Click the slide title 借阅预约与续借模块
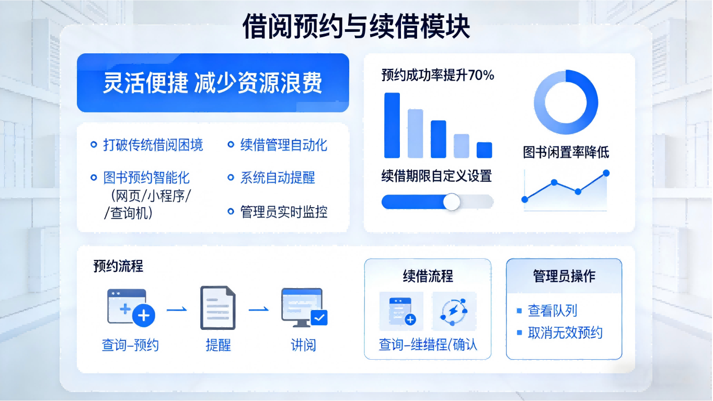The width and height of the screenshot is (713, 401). coord(356,27)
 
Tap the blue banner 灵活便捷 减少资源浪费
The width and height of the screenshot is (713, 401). coord(213,83)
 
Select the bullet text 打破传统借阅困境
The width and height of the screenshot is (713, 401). coord(153,145)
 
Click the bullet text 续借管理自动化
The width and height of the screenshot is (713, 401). coord(283,145)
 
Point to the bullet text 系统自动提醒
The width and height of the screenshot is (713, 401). coord(277,178)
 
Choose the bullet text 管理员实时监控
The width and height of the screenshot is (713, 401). coord(283,212)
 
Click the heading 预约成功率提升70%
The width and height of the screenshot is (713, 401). coord(438,75)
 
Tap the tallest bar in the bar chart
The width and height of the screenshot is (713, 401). coord(392,125)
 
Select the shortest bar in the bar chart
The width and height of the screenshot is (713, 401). coord(484,150)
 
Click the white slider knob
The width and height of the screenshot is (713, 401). coord(452,202)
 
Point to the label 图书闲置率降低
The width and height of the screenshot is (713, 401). coord(566,152)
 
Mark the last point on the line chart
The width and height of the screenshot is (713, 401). coord(606,173)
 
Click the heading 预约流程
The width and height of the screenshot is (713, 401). coord(118,266)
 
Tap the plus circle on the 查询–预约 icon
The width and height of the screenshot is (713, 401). coord(144,316)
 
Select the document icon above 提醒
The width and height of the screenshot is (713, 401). coord(217,308)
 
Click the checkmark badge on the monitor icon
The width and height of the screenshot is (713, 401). coord(319,317)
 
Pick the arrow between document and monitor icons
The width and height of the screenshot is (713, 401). coord(259,310)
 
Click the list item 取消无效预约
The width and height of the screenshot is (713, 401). coord(565,333)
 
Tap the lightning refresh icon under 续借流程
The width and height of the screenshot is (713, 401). coord(453,311)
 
